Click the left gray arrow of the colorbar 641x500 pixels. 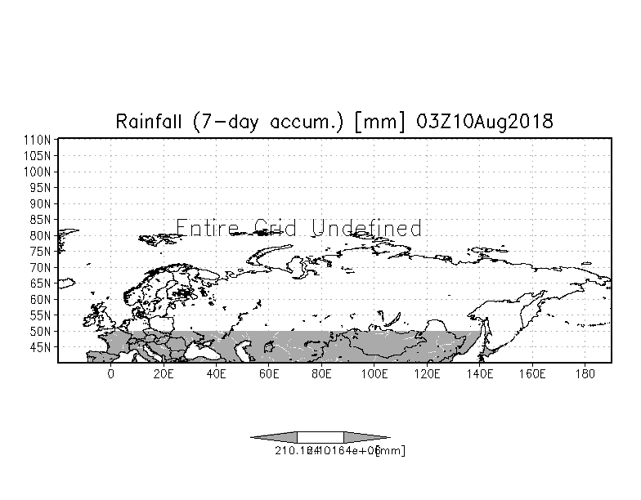click(x=274, y=437)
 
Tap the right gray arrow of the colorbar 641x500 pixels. click(x=366, y=437)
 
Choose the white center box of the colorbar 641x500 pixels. click(x=320, y=437)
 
